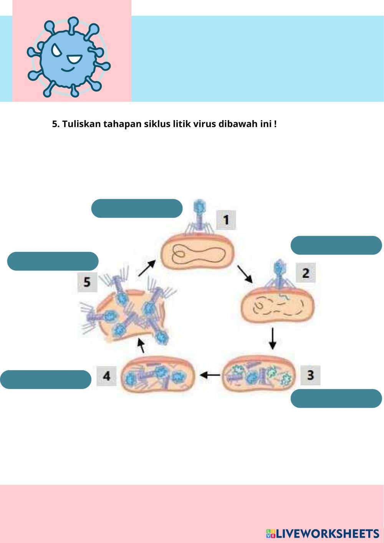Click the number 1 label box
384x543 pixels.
(x=226, y=220)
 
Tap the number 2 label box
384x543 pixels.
(x=306, y=273)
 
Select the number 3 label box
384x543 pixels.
(x=310, y=375)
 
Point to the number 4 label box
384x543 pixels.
(x=106, y=375)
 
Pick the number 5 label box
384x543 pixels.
(x=87, y=282)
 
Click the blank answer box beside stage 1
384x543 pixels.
(x=137, y=209)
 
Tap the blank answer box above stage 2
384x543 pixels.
(x=336, y=245)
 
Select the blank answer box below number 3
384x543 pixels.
(x=336, y=398)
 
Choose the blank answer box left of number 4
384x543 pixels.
(x=46, y=379)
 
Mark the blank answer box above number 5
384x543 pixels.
(x=53, y=261)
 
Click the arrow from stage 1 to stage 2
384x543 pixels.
(x=245, y=273)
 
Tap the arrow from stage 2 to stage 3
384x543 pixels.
(x=272, y=338)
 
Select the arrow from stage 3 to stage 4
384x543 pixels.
(x=209, y=374)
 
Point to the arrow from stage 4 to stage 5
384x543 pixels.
(x=141, y=345)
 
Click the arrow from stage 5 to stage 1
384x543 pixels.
(x=146, y=268)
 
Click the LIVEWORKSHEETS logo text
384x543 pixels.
(x=327, y=533)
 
